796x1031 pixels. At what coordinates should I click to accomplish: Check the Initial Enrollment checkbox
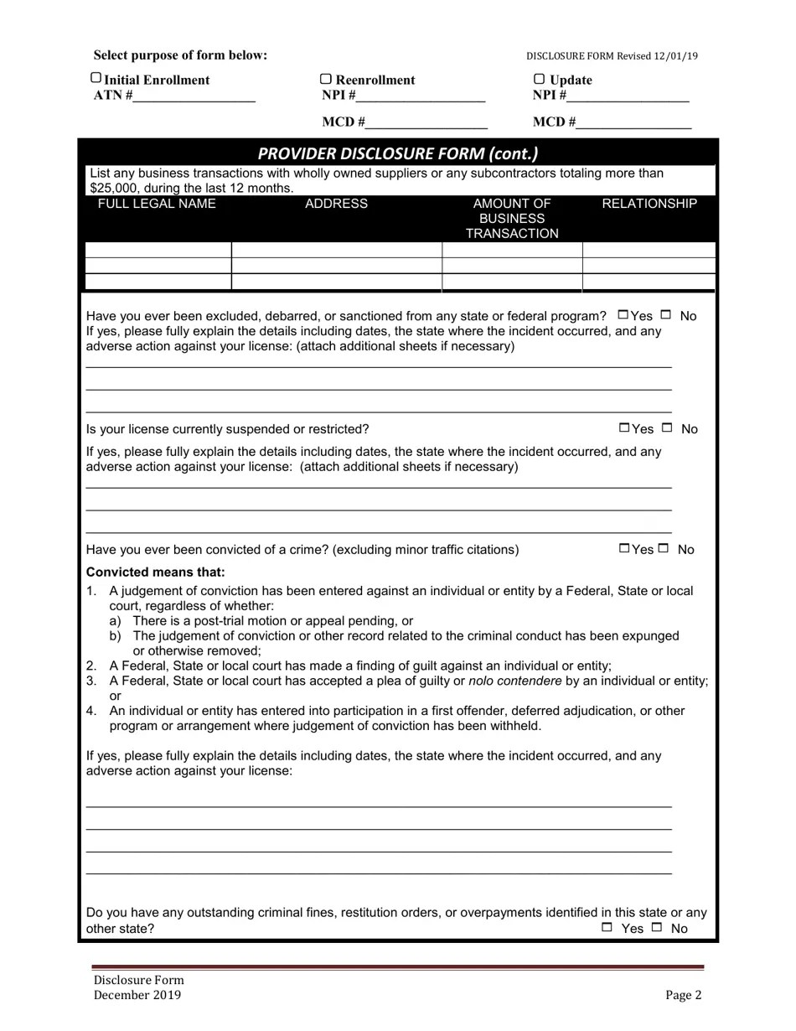tap(96, 78)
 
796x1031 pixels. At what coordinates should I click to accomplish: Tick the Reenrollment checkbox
tap(327, 79)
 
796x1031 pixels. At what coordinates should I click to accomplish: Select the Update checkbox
tap(540, 79)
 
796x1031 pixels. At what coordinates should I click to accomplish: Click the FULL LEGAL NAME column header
tap(157, 204)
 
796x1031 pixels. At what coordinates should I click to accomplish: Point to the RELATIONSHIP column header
tap(649, 204)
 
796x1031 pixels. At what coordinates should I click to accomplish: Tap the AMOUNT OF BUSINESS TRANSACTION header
tap(512, 218)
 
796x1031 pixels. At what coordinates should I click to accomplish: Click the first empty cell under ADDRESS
tap(336, 250)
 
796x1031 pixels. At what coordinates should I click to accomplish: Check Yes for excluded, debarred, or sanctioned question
tap(623, 315)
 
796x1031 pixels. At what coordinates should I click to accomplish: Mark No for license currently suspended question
tap(667, 428)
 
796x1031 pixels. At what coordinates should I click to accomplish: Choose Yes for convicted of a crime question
tap(624, 548)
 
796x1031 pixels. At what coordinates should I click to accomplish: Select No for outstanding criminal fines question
tap(657, 927)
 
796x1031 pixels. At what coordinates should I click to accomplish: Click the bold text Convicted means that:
tap(156, 572)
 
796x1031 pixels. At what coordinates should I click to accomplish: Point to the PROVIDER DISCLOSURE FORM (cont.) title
tap(398, 153)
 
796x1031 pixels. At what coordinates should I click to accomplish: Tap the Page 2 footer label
tap(683, 995)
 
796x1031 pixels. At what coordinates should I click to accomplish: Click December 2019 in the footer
tap(137, 995)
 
